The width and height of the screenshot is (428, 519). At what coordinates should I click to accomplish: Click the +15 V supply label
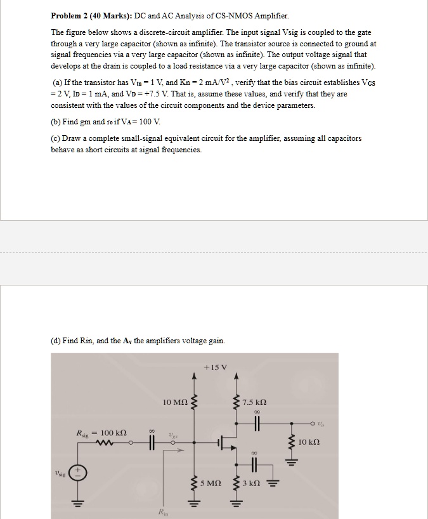pos(216,367)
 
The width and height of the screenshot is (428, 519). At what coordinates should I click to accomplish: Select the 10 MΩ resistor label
pos(174,402)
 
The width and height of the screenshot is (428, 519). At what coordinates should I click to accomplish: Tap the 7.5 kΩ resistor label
pos(254,402)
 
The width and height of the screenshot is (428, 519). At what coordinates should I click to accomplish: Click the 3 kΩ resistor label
pos(252,483)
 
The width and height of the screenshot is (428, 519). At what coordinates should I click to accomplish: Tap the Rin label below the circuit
pos(164,512)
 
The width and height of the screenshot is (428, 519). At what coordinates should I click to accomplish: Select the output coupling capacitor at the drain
pos(257,421)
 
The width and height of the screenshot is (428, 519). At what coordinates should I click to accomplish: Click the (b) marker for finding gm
pos(56,121)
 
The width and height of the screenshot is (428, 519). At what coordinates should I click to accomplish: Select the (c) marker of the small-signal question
pos(56,138)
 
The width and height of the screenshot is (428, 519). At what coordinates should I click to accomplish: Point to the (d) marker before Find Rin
pos(56,341)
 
